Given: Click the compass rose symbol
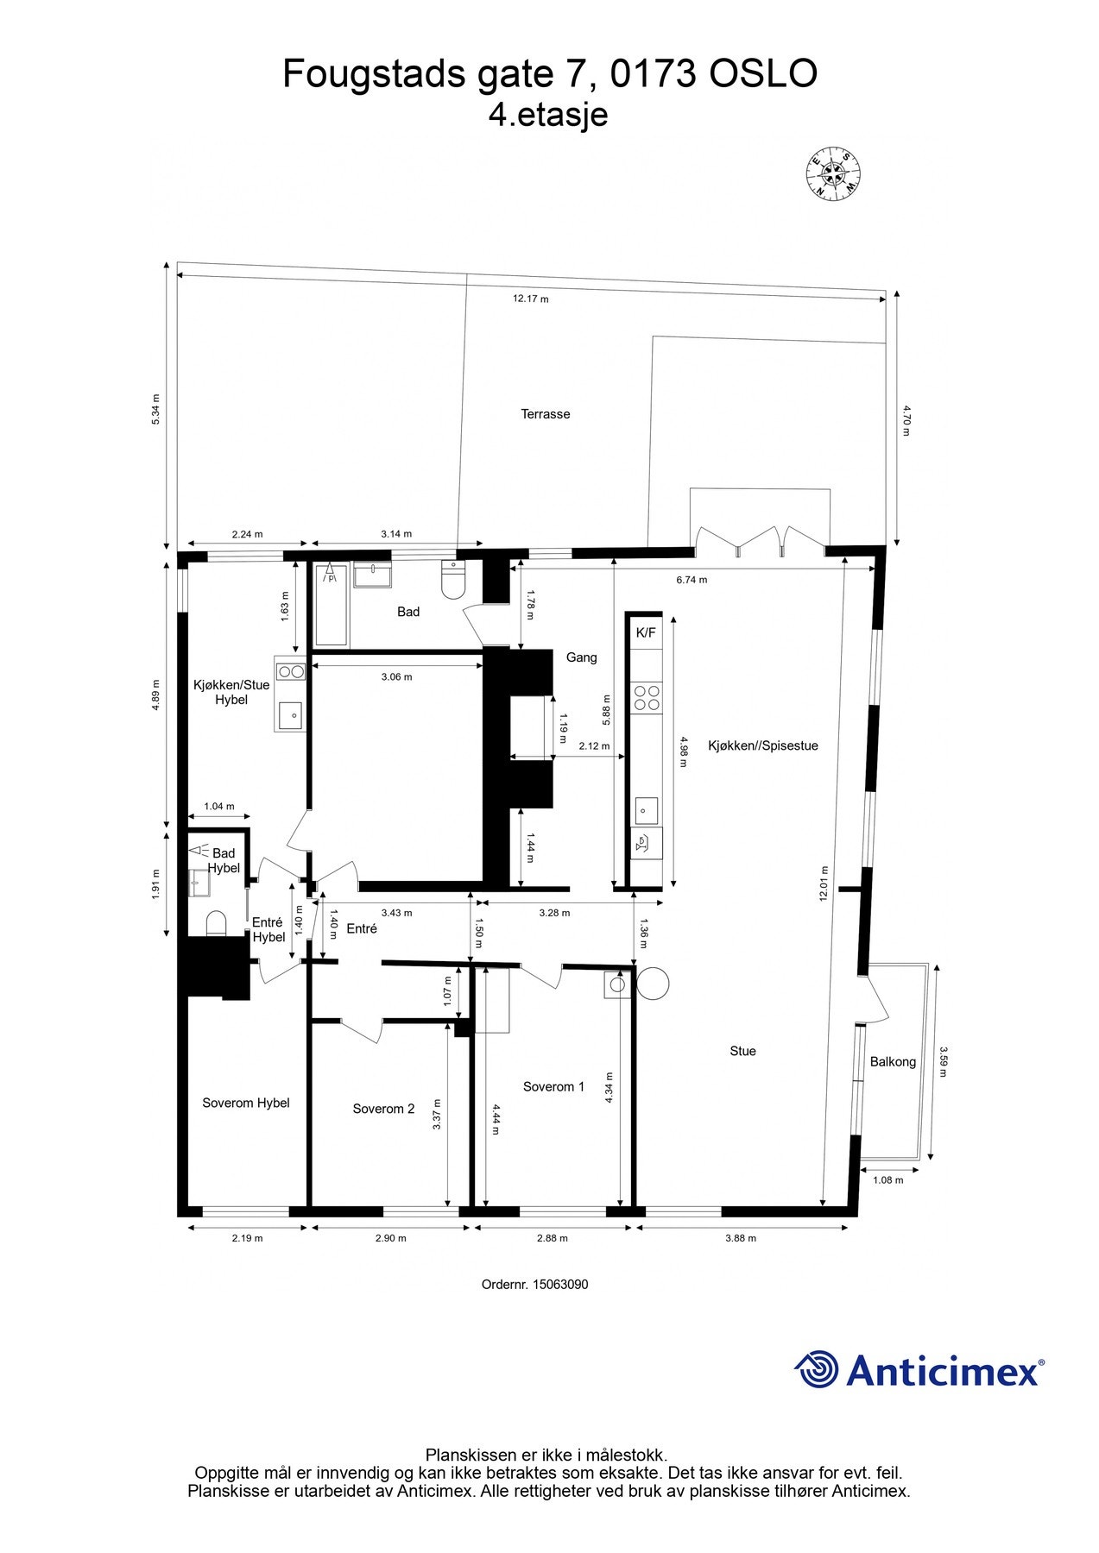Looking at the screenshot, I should point(833,173).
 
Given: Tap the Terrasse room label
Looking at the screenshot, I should point(545,414).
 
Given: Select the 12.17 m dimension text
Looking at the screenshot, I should point(530,299).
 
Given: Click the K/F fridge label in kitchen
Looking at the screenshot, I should point(645,632).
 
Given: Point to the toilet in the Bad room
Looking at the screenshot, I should point(452,581).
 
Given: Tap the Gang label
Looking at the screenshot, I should point(581,657).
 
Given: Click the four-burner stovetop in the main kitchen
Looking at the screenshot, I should point(647,697).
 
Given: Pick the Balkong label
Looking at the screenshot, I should point(892,1062).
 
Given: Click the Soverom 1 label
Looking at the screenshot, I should point(553,1087).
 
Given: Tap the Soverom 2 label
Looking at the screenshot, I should point(383,1109).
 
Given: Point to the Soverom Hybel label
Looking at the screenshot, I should point(245,1103).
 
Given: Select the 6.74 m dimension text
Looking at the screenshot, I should point(691,580).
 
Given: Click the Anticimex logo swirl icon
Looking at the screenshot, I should point(816,1369).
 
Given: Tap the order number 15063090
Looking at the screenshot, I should point(560,1284).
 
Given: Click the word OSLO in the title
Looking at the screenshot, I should point(762,75).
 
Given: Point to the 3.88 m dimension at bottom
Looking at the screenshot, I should point(740,1238).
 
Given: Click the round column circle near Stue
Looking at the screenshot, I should point(653,983).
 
